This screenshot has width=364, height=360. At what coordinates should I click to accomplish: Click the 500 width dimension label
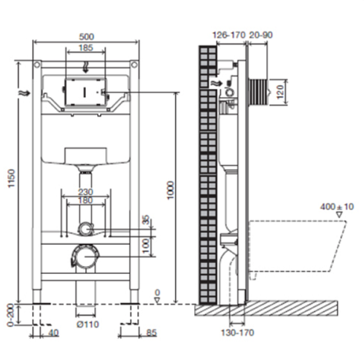tap(86, 36)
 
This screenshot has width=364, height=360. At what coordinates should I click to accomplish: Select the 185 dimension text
tap(86, 47)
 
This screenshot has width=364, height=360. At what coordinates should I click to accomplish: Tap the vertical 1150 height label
tap(12, 179)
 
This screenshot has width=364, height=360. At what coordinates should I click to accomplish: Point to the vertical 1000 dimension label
tap(171, 190)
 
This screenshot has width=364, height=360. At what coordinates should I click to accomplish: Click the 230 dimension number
tap(85, 192)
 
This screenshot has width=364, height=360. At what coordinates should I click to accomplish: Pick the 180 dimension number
tap(85, 200)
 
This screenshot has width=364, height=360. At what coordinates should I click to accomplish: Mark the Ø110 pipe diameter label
tap(88, 324)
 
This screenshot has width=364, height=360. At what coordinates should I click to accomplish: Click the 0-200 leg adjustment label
tap(11, 316)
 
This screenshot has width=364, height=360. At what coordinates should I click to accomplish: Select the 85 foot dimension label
tap(152, 332)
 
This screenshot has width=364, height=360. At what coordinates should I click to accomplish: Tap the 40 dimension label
tap(53, 332)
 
